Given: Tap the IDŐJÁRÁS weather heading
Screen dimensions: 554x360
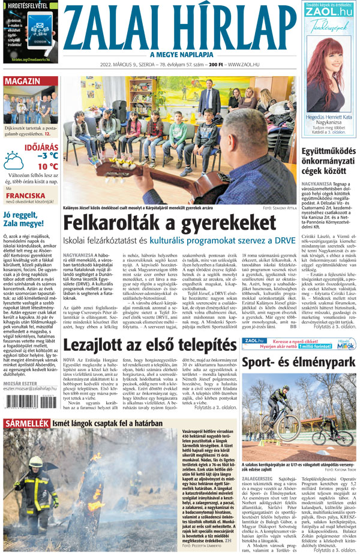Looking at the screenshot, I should (x=41, y=146).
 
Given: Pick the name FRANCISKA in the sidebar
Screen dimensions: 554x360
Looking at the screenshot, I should (x=25, y=195).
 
